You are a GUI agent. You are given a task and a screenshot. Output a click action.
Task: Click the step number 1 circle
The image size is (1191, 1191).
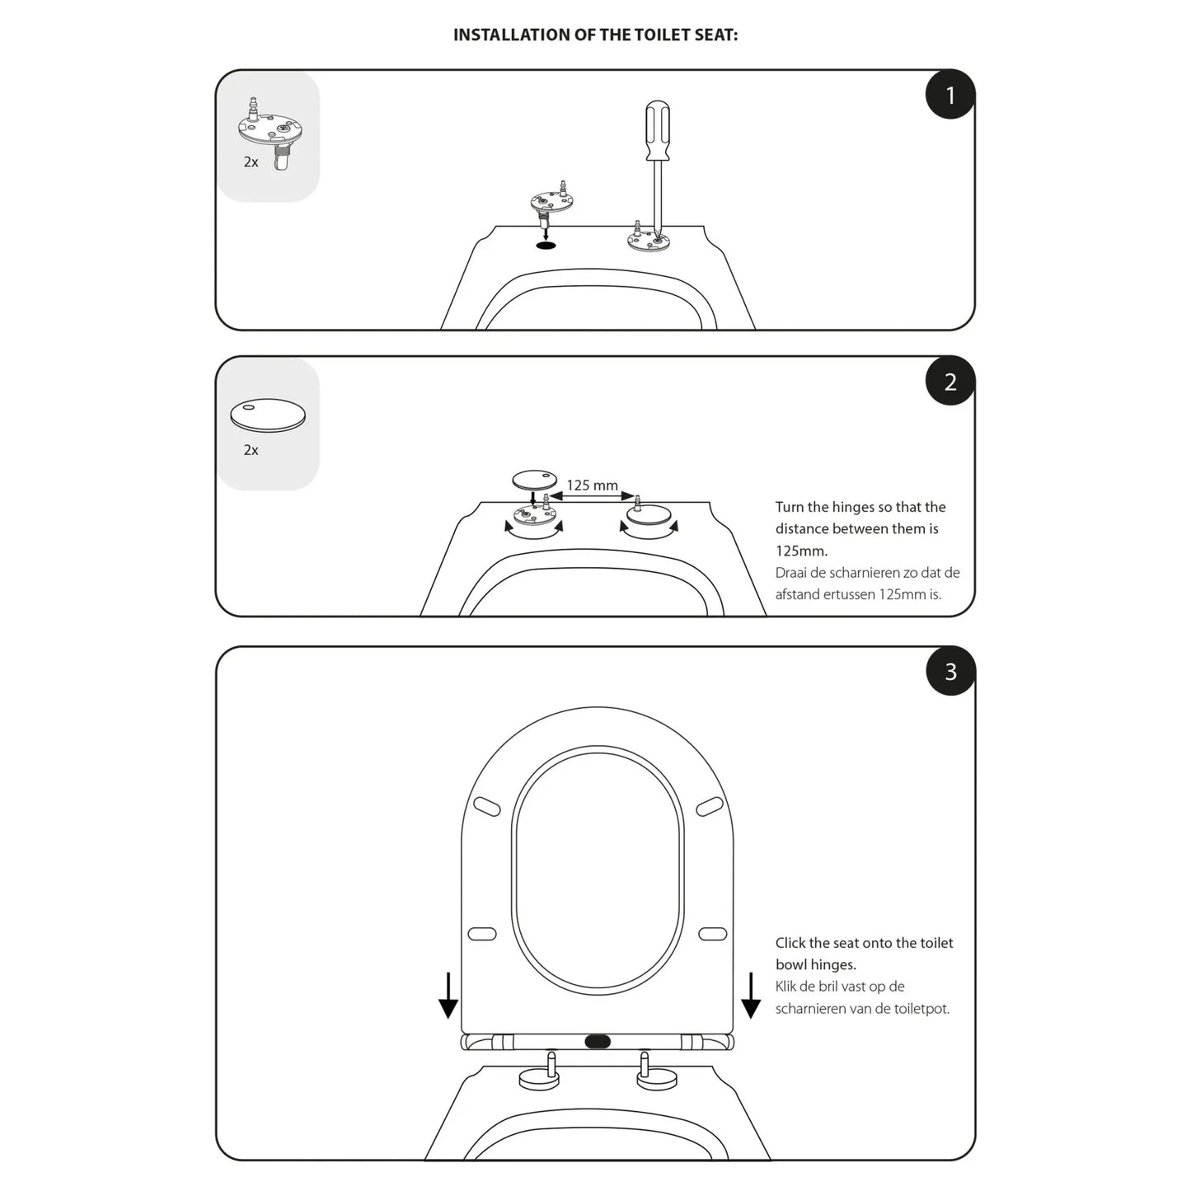coord(950,95)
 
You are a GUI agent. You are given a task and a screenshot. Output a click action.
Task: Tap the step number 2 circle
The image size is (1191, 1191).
coord(950,382)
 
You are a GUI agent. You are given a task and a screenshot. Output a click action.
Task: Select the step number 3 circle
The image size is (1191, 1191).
coord(950,672)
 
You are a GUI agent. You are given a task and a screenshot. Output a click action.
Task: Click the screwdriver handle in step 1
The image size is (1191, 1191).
coord(657,131)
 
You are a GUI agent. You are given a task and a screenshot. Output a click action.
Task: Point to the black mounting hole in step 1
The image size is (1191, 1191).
coord(545,246)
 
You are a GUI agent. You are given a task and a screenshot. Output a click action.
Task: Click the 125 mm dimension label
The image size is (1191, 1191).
coord(592,485)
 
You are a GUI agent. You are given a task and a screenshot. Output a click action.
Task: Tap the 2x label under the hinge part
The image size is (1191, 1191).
coord(251,162)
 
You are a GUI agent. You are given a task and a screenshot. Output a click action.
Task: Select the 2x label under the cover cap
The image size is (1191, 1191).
coord(251,450)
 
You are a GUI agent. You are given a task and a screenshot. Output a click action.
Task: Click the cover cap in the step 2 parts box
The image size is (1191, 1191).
coord(268,415)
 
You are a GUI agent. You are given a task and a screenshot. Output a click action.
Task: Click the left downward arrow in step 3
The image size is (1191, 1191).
coord(448,996)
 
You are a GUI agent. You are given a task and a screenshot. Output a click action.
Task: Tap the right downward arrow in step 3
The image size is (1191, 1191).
coord(751,996)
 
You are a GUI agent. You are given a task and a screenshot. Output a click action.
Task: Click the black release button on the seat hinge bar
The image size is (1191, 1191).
coord(598,1042)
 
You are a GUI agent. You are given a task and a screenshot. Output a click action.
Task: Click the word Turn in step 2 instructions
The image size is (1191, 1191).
coord(790,507)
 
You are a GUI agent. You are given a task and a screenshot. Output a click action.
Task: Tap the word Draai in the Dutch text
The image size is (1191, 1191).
coord(791,572)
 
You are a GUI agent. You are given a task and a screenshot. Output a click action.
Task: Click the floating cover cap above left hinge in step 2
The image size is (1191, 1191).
coord(534,480)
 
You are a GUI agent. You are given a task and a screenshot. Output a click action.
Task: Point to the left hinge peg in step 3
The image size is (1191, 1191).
coord(550,1064)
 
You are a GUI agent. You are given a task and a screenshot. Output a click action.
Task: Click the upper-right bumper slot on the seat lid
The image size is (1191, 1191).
coord(710,807)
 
